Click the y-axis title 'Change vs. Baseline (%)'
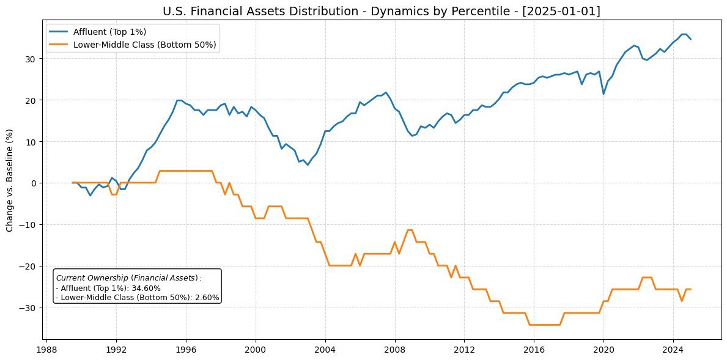pyautogui.click(x=10, y=180)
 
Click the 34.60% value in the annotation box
pyautogui.click(x=147, y=288)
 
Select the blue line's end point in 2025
pyautogui.click(x=690, y=39)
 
